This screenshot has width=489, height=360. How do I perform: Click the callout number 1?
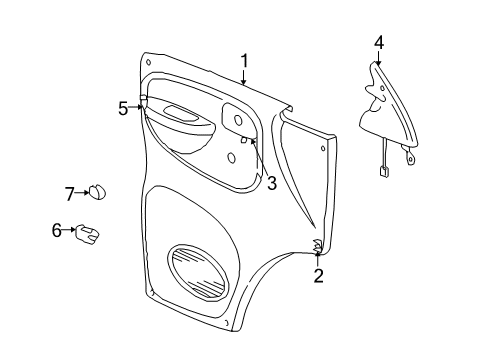244,62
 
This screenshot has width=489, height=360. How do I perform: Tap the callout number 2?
318,275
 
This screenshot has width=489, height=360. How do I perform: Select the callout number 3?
271,182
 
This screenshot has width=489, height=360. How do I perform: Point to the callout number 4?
379,42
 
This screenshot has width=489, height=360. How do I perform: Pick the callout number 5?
123,108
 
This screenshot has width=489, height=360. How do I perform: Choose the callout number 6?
57,230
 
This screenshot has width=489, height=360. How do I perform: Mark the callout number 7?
70,193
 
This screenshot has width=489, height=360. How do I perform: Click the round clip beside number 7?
99,193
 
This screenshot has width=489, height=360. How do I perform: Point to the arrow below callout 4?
379,60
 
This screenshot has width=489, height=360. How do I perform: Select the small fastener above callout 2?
317,246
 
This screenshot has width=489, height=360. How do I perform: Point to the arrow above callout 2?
318,258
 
